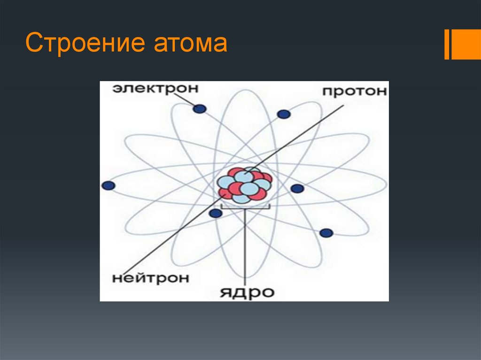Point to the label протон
point(355,91)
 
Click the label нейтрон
point(150,277)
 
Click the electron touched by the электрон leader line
point(200,109)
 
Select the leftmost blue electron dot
point(109,185)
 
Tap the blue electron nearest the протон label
point(284,114)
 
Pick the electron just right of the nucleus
point(297,189)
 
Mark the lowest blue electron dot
point(326,233)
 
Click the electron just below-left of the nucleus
point(215,214)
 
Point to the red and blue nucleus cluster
point(245,184)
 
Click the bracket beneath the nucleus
point(245,207)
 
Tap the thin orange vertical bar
point(447,45)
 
